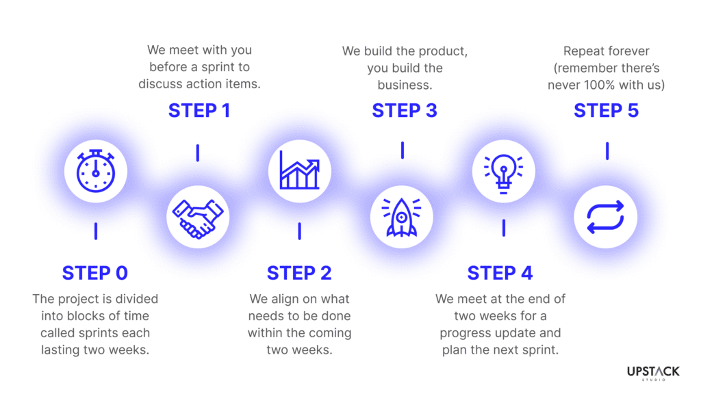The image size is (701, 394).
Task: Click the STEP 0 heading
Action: coord(94,273)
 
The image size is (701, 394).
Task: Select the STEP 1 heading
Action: coord(199,110)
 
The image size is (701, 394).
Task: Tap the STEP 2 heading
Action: coord(299,273)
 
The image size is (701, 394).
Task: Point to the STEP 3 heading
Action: coord(405,110)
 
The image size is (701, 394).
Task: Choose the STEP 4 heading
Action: coord(500,273)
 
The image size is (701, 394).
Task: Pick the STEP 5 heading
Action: coord(607,110)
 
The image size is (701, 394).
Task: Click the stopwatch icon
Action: coord(96,171)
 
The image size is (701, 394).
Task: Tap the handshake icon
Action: coord(198,218)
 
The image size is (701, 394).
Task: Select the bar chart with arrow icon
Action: coord(300,170)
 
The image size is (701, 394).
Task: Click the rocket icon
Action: coord(401,217)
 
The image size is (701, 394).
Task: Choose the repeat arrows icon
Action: coord(605,217)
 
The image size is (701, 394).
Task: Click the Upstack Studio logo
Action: coord(653,373)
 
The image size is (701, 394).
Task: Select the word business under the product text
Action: coord(405,85)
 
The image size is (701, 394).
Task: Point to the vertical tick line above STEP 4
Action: coord(504,228)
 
